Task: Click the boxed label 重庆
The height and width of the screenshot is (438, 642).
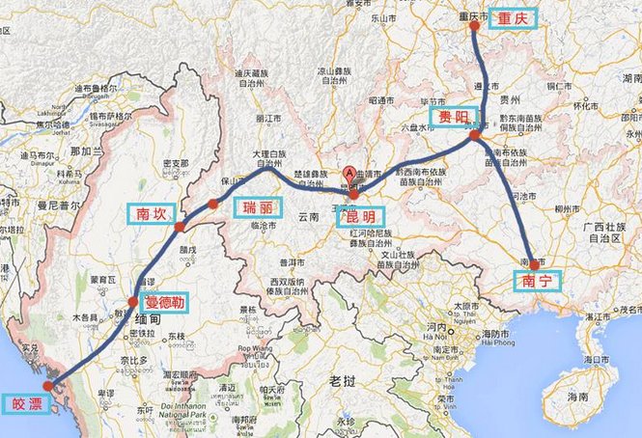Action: point(510,19)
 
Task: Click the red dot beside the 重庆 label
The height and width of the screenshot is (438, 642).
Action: point(474,26)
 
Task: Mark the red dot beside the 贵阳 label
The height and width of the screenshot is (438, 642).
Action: point(474,136)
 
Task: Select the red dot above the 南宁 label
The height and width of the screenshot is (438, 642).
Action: point(534,263)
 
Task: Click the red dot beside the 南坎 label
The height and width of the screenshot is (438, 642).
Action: point(180,227)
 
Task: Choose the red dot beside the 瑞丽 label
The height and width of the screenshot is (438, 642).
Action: point(212,204)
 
